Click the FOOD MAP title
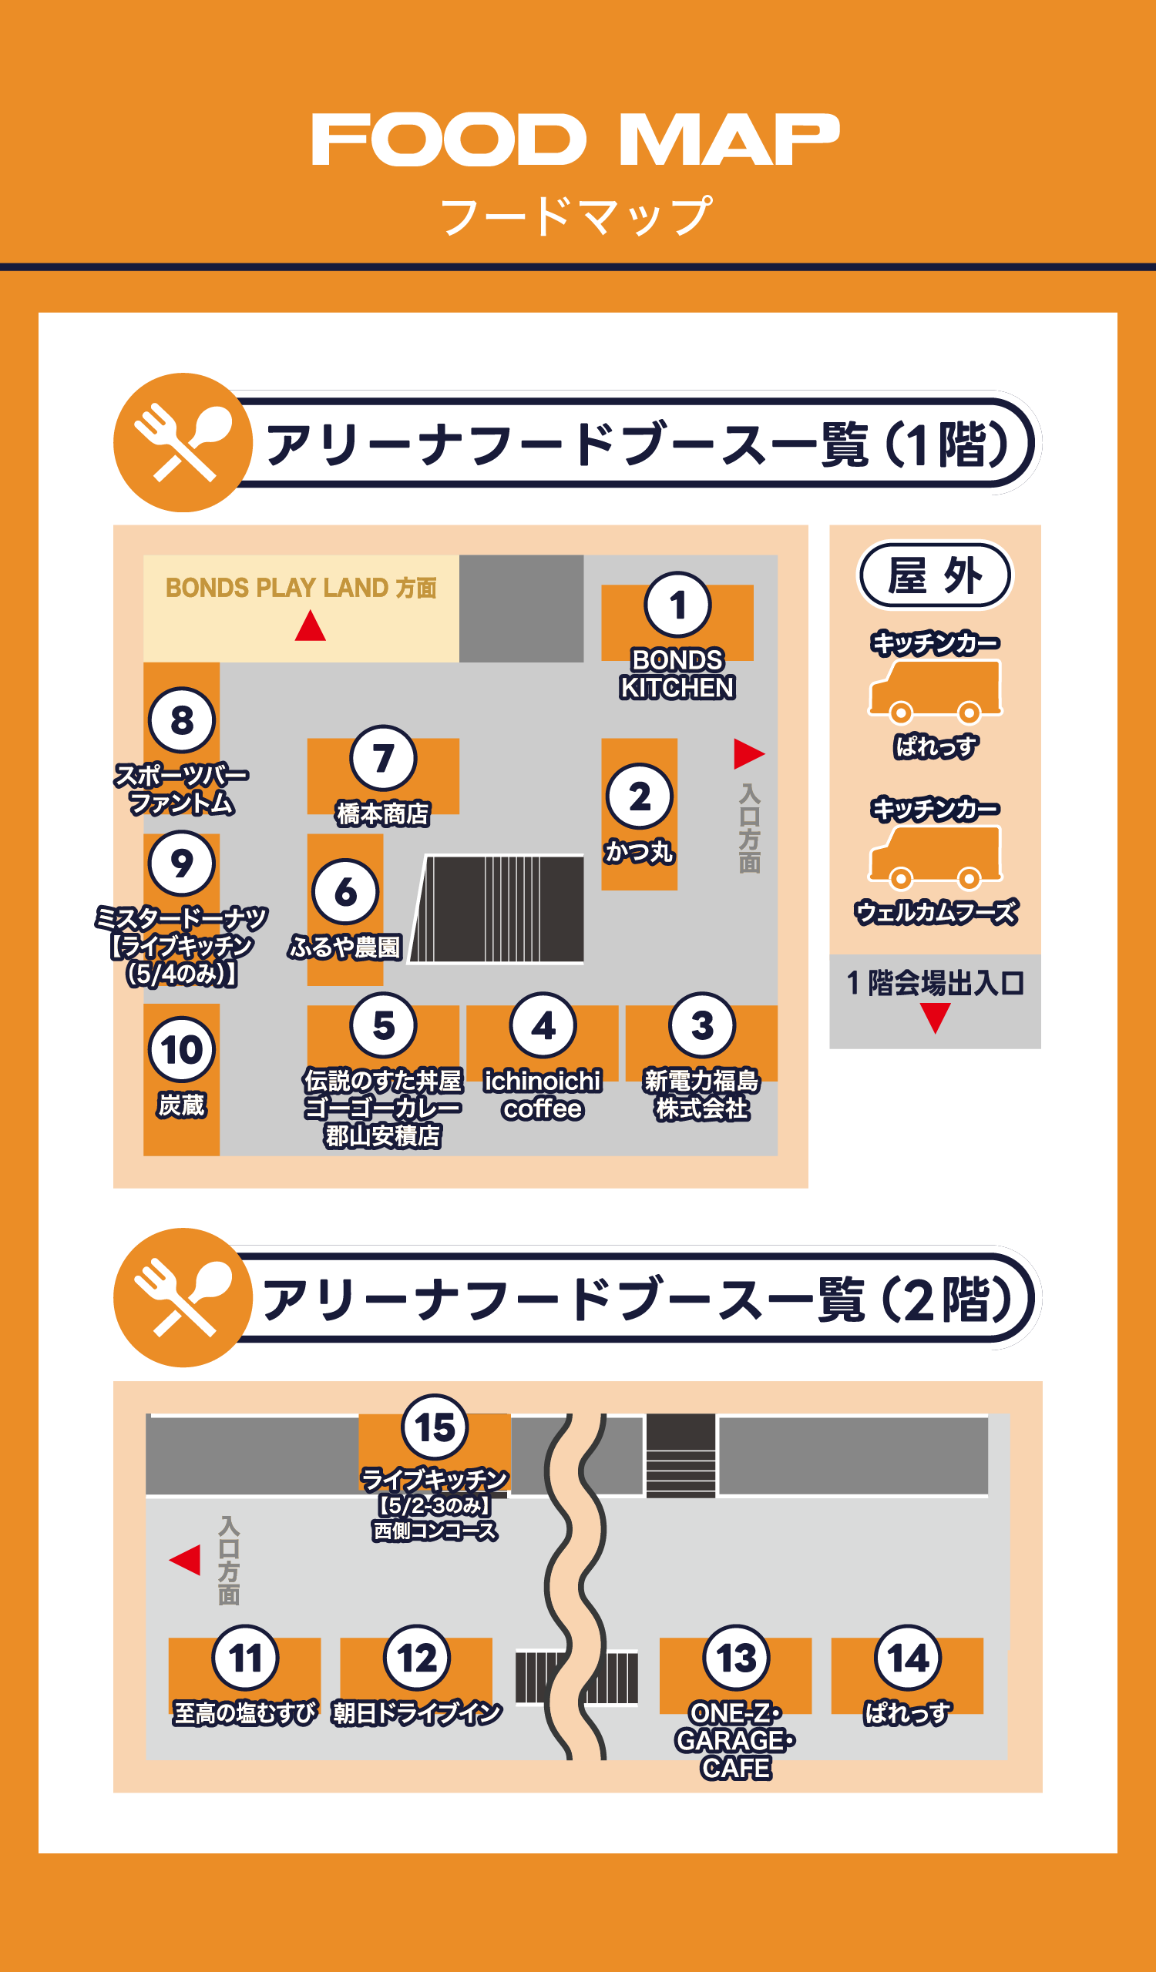click(576, 139)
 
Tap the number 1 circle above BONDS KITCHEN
click(677, 605)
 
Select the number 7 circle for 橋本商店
click(383, 757)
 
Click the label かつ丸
click(640, 850)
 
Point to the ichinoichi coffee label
click(543, 1094)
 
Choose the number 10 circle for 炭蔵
click(182, 1049)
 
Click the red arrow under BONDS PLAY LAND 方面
click(310, 626)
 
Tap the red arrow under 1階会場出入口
click(935, 1018)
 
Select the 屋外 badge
click(935, 575)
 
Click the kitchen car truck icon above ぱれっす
click(935, 689)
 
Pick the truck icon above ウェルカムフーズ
click(935, 854)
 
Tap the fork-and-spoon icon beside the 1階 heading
click(183, 442)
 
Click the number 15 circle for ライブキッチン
click(435, 1427)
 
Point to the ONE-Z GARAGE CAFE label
click(735, 1740)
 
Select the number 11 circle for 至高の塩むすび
click(245, 1658)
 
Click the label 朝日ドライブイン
click(416, 1713)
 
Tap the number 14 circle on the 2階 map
click(907, 1658)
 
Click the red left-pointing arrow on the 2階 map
click(186, 1560)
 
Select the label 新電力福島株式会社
click(701, 1094)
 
